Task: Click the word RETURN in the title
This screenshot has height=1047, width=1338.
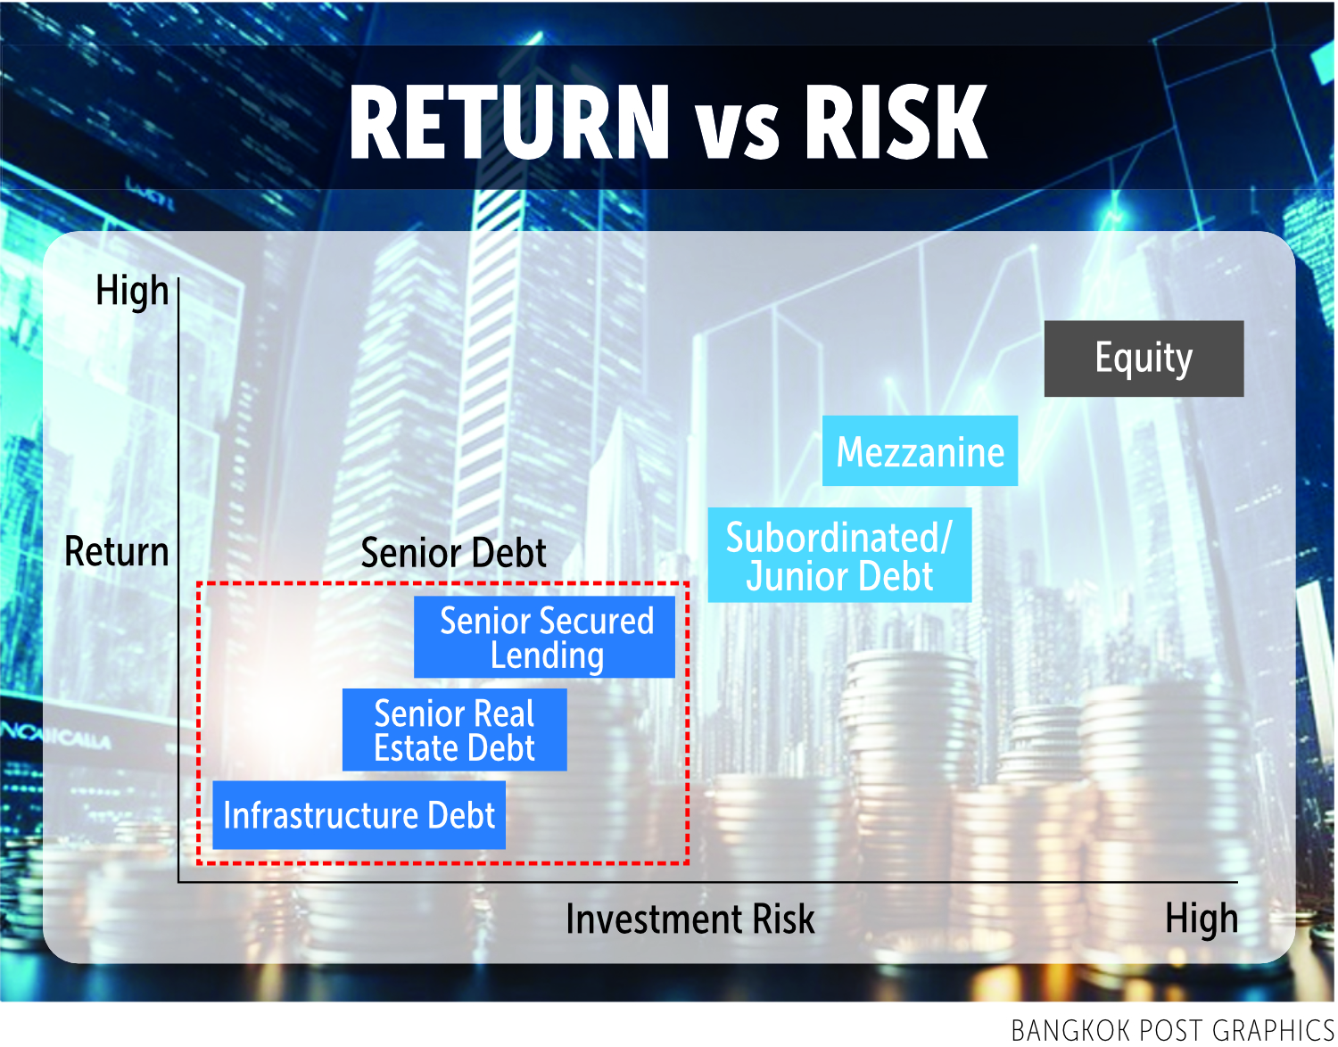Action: tap(508, 122)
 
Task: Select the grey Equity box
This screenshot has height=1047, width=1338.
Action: tap(1144, 359)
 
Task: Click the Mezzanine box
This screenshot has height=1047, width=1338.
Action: tap(920, 450)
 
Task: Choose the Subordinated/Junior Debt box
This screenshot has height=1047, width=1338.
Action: tap(839, 555)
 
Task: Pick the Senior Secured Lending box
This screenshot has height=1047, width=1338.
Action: tap(544, 637)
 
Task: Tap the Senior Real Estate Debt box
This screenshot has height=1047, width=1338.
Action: tap(454, 730)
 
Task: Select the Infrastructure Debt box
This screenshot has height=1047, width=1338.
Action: tap(359, 815)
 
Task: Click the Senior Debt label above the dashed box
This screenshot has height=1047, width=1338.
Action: tap(453, 552)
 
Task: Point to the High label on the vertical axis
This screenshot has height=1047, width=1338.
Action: tap(132, 291)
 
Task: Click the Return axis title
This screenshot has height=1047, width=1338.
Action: tap(116, 551)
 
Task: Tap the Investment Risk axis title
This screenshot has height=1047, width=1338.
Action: tap(690, 919)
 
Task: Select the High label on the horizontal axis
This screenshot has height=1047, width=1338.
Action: tap(1201, 919)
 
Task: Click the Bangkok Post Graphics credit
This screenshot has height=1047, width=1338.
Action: tap(1172, 1030)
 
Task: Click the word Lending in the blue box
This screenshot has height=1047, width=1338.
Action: tap(547, 655)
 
